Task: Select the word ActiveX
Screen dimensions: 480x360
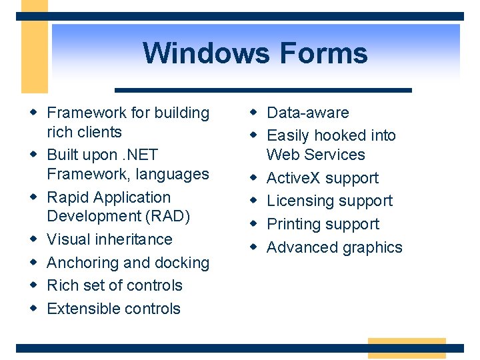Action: pyautogui.click(x=293, y=178)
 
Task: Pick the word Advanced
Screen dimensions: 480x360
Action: pyautogui.click(x=300, y=247)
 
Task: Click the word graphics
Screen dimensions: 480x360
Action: pyautogui.click(x=370, y=247)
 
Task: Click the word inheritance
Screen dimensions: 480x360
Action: pyautogui.click(x=135, y=239)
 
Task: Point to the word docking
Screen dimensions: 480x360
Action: pyautogui.click(x=183, y=263)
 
